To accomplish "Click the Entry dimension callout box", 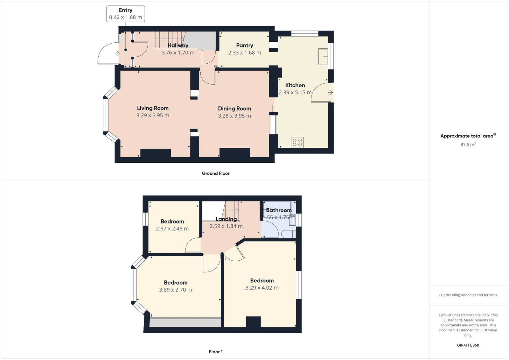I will click(x=126, y=14).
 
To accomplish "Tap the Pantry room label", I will click(x=245, y=46).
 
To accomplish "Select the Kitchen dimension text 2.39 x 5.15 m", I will click(x=295, y=93).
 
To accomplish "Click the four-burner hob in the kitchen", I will click(x=297, y=142).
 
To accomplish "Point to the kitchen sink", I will click(x=323, y=57).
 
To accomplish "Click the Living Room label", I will click(x=153, y=108).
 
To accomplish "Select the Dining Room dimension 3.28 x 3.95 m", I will click(x=234, y=116).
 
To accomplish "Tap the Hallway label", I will click(x=178, y=46).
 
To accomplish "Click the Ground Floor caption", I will click(x=216, y=173).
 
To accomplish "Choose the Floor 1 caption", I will click(x=216, y=352).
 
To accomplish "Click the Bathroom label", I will click(x=279, y=210).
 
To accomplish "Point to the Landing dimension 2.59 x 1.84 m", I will click(x=226, y=226).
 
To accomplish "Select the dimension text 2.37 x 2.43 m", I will click(x=172, y=229).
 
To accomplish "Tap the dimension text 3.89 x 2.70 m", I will click(x=176, y=290).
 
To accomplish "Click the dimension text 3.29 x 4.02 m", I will click(x=262, y=288).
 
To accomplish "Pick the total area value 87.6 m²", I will click(x=468, y=145).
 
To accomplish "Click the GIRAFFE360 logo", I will click(x=468, y=345).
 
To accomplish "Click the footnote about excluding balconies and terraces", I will click(x=468, y=295).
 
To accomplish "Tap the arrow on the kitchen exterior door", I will click(x=331, y=93).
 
